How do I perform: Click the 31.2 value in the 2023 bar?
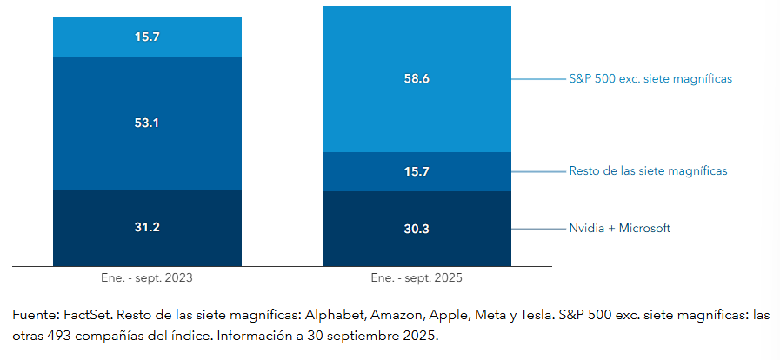(147, 228)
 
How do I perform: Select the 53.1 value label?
(147, 123)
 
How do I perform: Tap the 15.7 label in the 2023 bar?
(147, 37)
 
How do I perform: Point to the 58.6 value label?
(417, 78)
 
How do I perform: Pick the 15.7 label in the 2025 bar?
(417, 171)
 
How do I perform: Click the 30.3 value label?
(417, 229)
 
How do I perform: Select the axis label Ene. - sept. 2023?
(147, 278)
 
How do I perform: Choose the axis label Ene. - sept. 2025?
(417, 278)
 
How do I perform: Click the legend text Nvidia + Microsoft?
(619, 229)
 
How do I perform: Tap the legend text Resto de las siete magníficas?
(648, 171)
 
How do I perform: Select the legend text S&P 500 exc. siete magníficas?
(650, 78)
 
